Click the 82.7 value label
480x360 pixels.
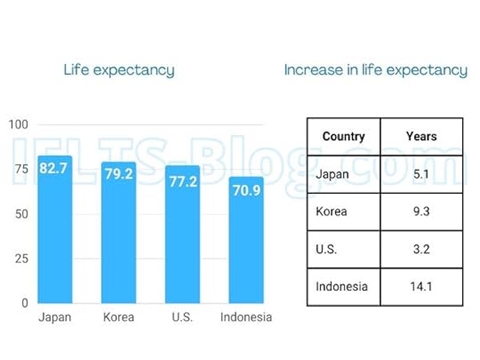coord(54,168)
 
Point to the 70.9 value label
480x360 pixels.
coord(246,189)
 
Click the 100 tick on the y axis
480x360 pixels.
coord(18,124)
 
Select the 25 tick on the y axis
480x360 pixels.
coord(20,259)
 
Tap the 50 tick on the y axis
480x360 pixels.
coord(20,214)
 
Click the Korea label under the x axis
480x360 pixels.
coord(118,317)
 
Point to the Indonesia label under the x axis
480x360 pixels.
coord(246,317)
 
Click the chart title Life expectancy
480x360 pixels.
coord(119,70)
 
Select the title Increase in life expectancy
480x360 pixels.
coord(375,70)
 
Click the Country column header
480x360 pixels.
coord(343,137)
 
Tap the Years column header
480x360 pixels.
coord(420,137)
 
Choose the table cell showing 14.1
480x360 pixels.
coord(420,287)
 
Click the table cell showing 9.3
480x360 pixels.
coord(420,212)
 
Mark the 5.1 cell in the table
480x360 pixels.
coord(420,174)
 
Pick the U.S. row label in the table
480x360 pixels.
coord(328,250)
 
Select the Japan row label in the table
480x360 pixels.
coord(332,174)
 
